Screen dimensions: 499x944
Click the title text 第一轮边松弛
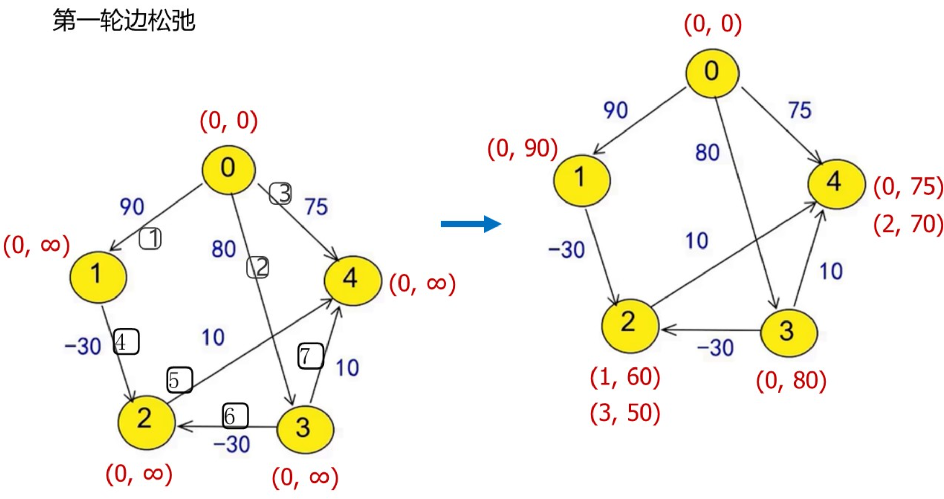tap(124, 21)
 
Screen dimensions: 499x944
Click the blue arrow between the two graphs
tap(470, 224)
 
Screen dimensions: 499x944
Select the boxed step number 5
tap(179, 380)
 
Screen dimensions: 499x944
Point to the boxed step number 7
tap(310, 356)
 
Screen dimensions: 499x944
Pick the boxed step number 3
tap(281, 193)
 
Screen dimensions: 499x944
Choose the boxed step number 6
tap(235, 416)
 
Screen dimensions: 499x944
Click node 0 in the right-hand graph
tap(712, 73)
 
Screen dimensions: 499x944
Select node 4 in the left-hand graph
tap(352, 280)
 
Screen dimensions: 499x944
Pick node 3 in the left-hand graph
tap(305, 429)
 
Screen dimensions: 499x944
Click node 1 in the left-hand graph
tap(98, 277)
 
